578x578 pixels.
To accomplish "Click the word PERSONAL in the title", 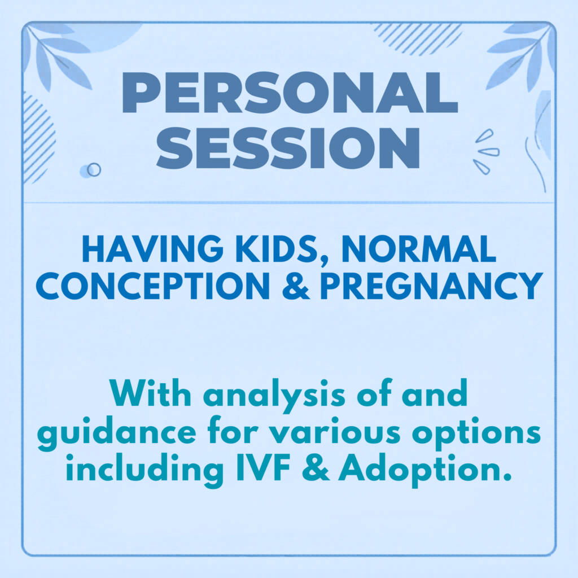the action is pos(290,93).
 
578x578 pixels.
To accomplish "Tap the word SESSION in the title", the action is pos(288,148).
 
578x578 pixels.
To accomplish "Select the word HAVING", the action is pos(152,249).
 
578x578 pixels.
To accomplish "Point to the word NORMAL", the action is pos(419,249).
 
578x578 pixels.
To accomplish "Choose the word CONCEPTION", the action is pos(152,286).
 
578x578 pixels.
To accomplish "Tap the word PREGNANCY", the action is pos(432,286).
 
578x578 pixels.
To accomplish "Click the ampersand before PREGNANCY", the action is pos(296,286).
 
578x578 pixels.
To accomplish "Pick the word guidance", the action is pos(116,433).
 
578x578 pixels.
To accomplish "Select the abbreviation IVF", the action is pos(263,468).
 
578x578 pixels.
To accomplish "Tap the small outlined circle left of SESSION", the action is pos(94,170).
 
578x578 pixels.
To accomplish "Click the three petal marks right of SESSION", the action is pos(486,152).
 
